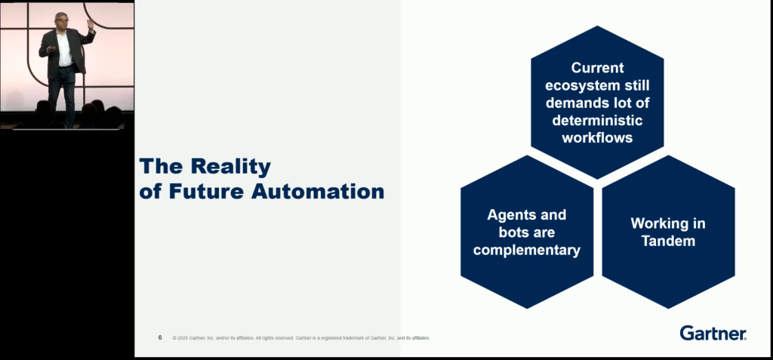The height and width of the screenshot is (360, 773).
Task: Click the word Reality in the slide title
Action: (231, 167)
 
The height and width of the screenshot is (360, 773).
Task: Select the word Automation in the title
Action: (318, 192)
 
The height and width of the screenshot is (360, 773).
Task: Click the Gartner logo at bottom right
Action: (713, 333)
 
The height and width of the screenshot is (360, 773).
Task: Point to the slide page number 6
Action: (160, 338)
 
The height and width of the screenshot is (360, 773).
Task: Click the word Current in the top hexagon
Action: (598, 68)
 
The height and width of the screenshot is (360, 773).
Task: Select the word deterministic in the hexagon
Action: (598, 120)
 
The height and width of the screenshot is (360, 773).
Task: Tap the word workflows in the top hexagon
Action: (598, 137)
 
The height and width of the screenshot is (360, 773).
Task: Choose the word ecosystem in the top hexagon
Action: (573, 85)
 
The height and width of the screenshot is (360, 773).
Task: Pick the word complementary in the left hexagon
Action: (527, 250)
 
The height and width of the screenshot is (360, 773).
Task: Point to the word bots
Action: (513, 232)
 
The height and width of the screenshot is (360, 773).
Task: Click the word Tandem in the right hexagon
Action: (669, 242)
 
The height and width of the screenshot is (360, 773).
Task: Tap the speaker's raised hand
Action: (91, 23)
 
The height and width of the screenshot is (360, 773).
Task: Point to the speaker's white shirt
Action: (65, 48)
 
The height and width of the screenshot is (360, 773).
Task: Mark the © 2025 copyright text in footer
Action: (301, 338)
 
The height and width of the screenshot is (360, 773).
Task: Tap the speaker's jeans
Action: (62, 94)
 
